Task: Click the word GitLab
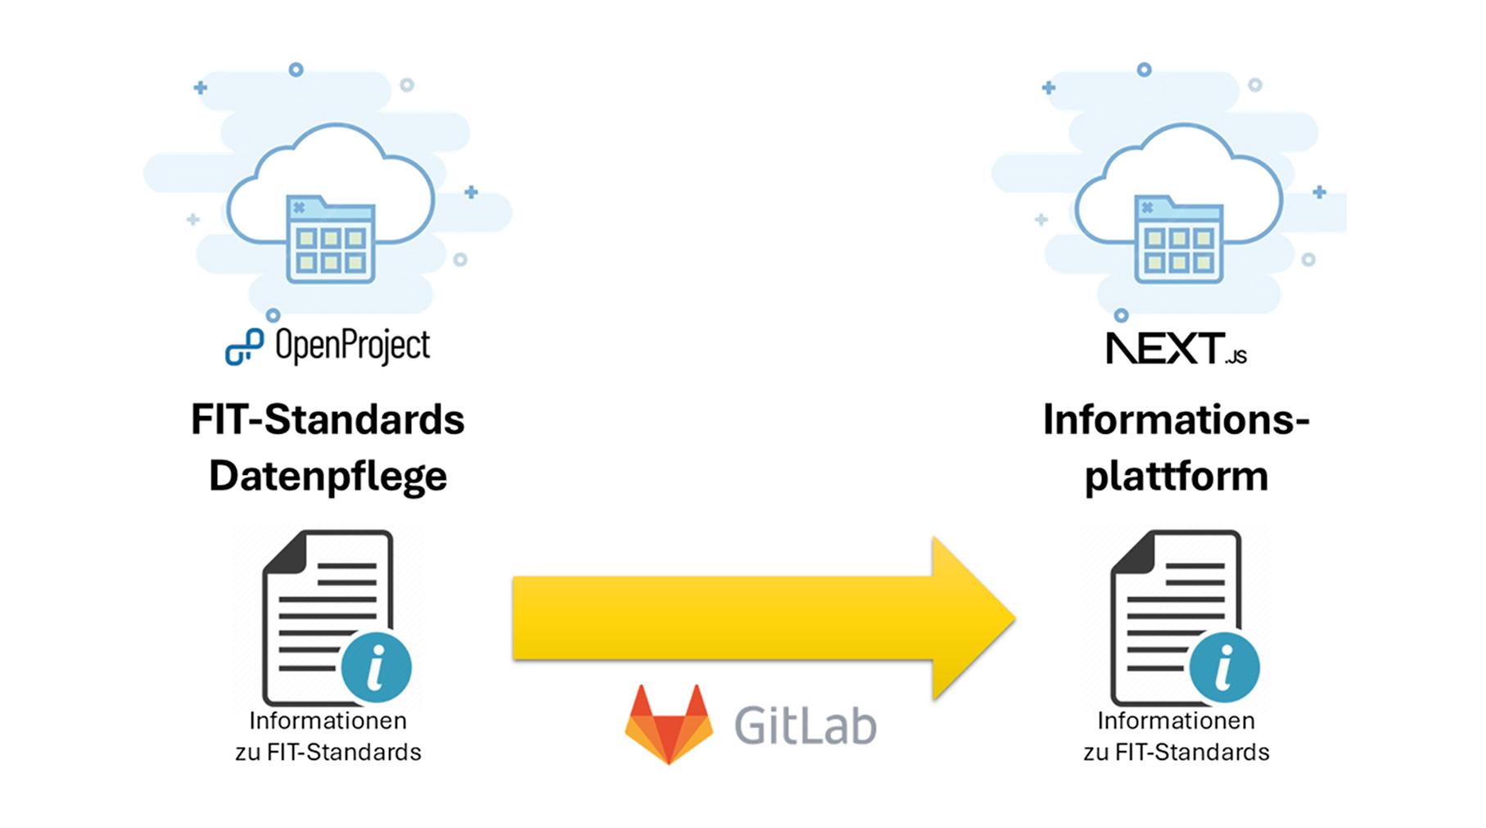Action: [805, 725]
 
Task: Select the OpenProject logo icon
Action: [244, 346]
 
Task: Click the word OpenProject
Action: [352, 346]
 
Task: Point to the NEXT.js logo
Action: [1176, 348]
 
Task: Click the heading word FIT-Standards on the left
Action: [327, 419]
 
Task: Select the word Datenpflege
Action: [327, 476]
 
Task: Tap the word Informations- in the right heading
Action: [1176, 419]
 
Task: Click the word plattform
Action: [1176, 476]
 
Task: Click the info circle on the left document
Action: [376, 667]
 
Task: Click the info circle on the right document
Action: [1224, 667]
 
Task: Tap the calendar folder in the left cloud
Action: [331, 239]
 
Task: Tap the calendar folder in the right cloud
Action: [1179, 239]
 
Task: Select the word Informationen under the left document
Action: [327, 721]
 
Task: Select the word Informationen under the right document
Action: [1176, 721]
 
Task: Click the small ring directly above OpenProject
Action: [273, 315]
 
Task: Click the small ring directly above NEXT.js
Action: [1122, 315]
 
